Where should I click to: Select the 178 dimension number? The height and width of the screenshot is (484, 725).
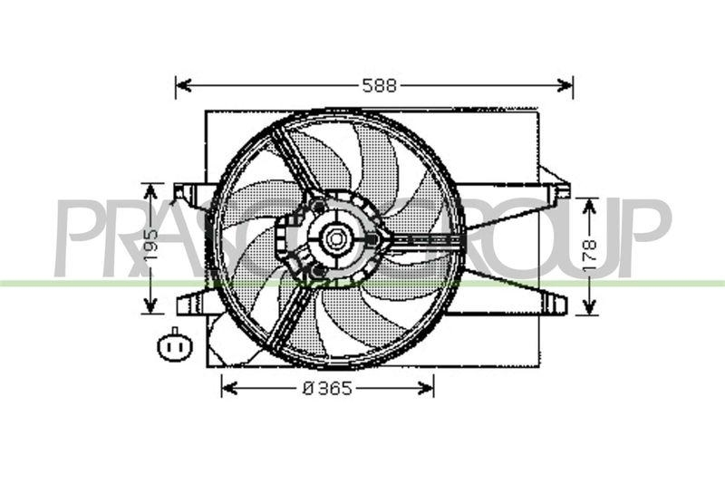[588, 256]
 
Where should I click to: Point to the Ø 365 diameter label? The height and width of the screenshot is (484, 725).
[327, 388]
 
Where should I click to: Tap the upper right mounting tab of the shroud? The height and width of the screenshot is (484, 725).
[560, 191]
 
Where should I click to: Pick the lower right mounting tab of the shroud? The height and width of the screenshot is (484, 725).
[556, 305]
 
